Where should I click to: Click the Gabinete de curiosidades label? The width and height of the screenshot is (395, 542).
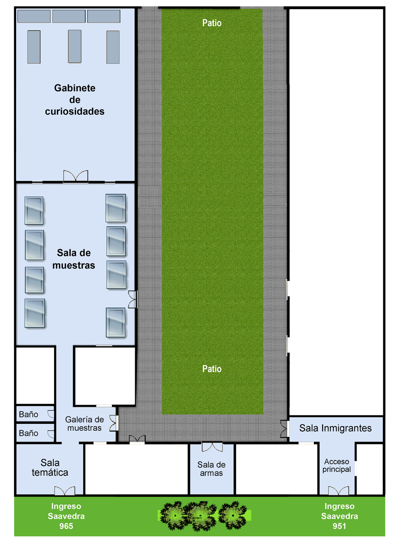pyautogui.click(x=74, y=99)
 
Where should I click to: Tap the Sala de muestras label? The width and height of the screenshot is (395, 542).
pyautogui.click(x=74, y=259)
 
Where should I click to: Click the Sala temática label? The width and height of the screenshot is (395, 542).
pyautogui.click(x=50, y=467)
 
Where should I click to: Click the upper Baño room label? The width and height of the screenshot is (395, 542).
pyautogui.click(x=29, y=414)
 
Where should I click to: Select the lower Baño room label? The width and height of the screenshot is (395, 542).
pyautogui.click(x=29, y=433)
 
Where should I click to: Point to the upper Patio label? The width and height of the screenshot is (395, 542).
pyautogui.click(x=212, y=23)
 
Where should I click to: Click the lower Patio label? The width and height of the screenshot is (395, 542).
pyautogui.click(x=212, y=369)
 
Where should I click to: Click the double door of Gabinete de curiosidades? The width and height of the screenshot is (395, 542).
pyautogui.click(x=76, y=176)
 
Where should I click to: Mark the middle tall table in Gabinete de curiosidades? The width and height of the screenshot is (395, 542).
pyautogui.click(x=75, y=47)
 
